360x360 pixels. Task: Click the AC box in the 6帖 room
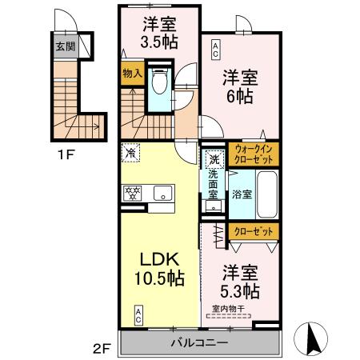(214, 51)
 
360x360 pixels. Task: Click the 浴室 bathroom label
(241, 194)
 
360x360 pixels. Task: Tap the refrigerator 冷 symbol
(131, 150)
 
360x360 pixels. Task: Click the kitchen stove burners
(132, 193)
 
